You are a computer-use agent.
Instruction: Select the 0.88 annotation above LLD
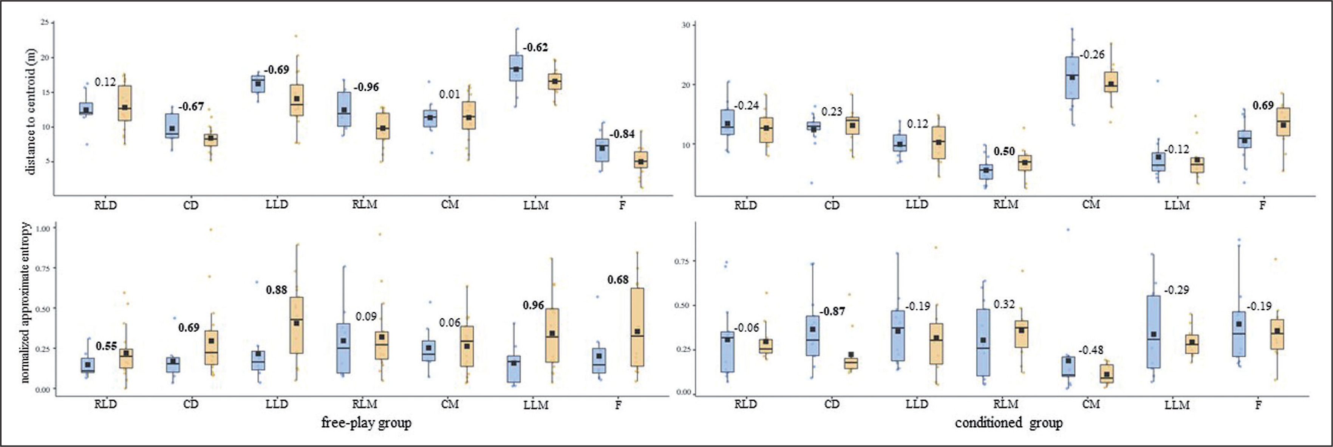pos(276,290)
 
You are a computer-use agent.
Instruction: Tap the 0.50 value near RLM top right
pos(1004,151)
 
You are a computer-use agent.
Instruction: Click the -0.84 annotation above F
pos(622,134)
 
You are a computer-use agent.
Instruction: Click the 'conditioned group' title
pos(1008,423)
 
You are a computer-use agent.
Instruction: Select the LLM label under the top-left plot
pos(536,205)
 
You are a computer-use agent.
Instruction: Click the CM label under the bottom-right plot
pos(1090,404)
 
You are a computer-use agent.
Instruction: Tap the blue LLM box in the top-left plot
pos(516,68)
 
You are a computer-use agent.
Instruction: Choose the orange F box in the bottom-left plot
pos(637,327)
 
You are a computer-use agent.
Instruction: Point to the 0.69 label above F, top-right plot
pos(1263,105)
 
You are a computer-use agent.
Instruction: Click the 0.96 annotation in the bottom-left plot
pos(534,305)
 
